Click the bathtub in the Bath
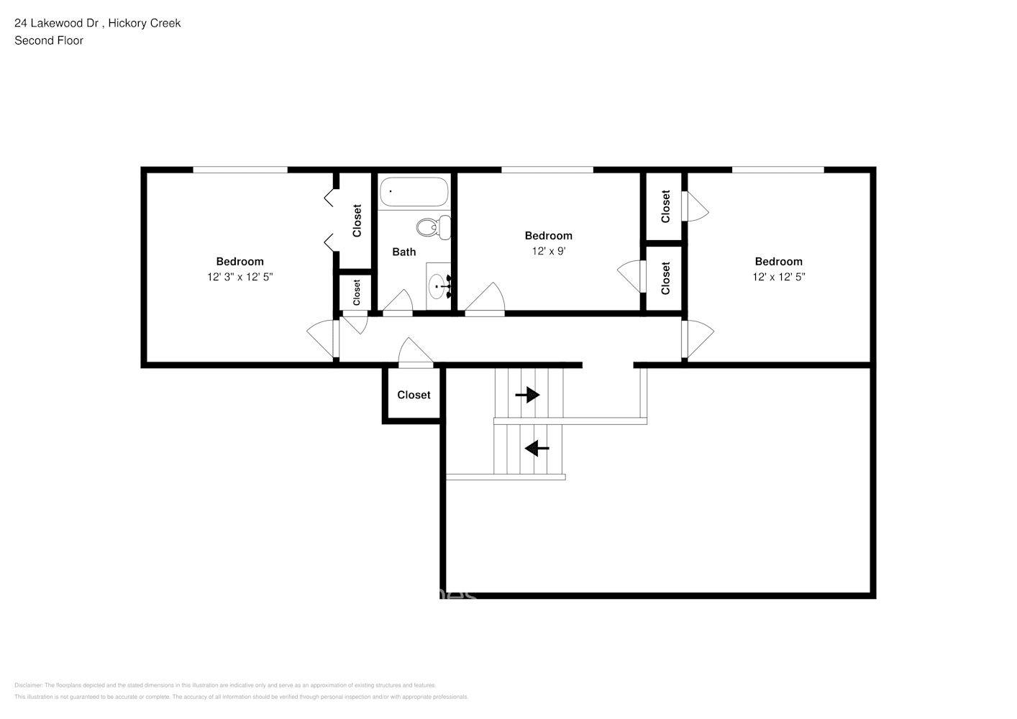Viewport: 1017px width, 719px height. [x=414, y=192]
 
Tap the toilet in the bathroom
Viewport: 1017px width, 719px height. [x=432, y=227]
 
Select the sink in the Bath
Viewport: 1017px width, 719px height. [x=438, y=287]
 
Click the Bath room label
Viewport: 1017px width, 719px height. [x=403, y=252]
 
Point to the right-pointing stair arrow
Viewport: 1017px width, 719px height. [x=527, y=395]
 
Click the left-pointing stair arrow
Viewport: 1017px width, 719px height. [x=537, y=449]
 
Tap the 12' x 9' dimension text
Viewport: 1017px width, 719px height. [x=548, y=252]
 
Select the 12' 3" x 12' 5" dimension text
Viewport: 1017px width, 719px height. [x=240, y=277]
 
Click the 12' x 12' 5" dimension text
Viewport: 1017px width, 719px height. [x=778, y=277]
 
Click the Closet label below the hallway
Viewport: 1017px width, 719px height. [x=414, y=395]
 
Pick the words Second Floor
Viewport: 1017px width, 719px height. [x=49, y=40]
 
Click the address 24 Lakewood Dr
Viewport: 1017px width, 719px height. [x=61, y=23]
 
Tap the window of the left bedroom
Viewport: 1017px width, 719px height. [x=240, y=170]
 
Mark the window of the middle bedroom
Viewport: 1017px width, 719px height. [x=547, y=170]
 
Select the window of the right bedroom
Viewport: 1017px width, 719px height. [x=777, y=170]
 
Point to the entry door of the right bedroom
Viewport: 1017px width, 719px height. [x=696, y=338]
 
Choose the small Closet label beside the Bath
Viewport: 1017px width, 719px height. [x=356, y=292]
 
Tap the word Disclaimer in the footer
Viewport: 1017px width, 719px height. [x=29, y=685]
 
